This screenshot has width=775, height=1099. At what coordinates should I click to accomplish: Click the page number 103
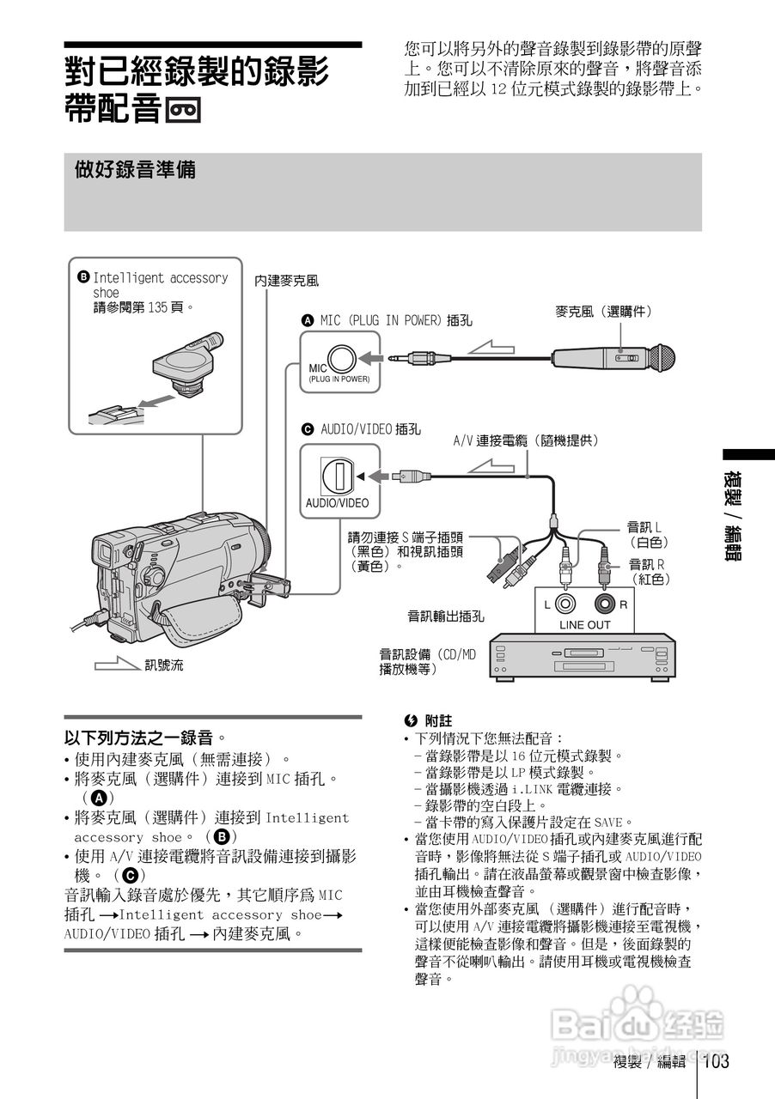point(717,1061)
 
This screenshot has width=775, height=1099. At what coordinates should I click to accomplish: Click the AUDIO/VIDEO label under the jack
point(337,503)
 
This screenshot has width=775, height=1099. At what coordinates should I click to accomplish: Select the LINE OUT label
point(584,625)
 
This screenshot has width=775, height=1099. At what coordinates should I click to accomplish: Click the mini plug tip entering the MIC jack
point(393,356)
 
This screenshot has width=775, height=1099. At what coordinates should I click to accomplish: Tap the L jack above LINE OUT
point(565,604)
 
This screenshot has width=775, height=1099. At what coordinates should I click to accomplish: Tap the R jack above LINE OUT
point(606,604)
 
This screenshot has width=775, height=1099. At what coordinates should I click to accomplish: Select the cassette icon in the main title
point(184,112)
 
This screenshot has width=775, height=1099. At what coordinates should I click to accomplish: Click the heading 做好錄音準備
point(136,170)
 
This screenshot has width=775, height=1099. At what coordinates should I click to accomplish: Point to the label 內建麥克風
point(286,280)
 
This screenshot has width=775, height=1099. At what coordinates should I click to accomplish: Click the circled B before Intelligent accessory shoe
point(83,277)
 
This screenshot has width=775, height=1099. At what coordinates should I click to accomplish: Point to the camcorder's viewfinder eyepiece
point(102,551)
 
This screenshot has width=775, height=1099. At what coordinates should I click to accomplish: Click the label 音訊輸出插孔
point(446,616)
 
